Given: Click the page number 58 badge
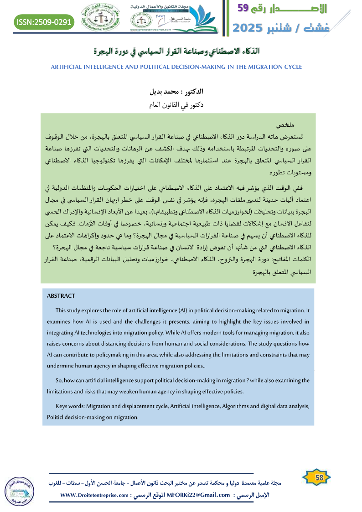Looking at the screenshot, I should [x=319, y=477].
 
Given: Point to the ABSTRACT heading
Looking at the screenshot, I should [x=61, y=296].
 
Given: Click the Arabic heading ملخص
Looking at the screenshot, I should [x=287, y=125].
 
